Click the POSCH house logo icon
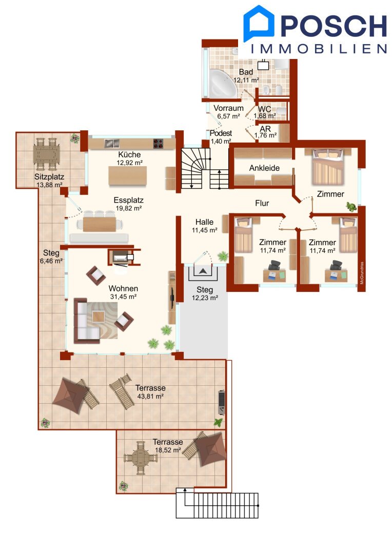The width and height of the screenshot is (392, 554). click(x=259, y=23)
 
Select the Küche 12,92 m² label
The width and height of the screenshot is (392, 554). click(x=129, y=159)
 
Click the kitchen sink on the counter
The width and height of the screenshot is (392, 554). click(x=111, y=144)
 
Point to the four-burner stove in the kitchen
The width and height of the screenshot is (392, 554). click(x=158, y=144)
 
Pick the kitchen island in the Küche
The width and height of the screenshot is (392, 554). click(x=127, y=175)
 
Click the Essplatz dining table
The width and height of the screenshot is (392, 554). click(x=100, y=224)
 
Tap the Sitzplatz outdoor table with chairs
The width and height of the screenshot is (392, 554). click(x=47, y=154)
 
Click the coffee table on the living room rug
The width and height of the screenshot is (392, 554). click(x=99, y=316)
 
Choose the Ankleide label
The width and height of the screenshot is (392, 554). click(x=264, y=168)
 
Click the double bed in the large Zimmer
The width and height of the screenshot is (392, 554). click(x=327, y=167)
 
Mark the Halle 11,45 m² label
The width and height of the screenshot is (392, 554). click(x=204, y=226)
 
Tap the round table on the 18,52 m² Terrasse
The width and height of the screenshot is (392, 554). click(x=140, y=458)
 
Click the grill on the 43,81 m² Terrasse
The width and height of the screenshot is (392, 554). click(x=221, y=402)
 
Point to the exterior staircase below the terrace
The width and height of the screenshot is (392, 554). click(x=217, y=503)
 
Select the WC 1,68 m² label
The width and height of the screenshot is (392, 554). click(x=265, y=112)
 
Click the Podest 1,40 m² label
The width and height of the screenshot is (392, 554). click(x=221, y=137)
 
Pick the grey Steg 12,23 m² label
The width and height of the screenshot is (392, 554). click(x=205, y=293)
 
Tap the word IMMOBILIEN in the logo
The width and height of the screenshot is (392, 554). click(x=319, y=49)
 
